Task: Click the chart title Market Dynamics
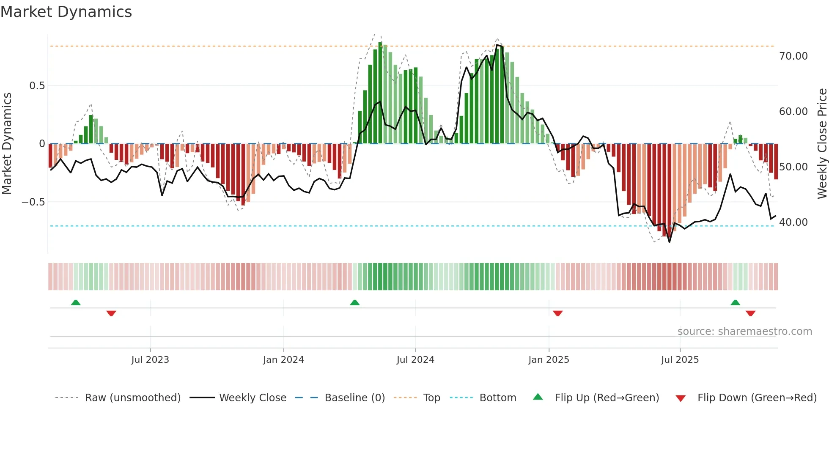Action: [x=66, y=12]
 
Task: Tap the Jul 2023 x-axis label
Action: [x=150, y=360]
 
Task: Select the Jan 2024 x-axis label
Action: [x=283, y=360]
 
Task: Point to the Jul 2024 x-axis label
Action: [x=415, y=360]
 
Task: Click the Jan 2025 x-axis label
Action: [x=549, y=360]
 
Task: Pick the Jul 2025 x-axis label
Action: [x=680, y=360]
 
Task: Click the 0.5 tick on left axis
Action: [x=37, y=86]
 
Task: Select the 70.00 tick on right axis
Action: [x=793, y=56]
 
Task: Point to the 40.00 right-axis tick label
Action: [x=793, y=222]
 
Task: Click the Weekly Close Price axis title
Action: [x=822, y=144]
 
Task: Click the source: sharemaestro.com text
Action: [x=744, y=332]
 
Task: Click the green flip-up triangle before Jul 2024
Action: [x=355, y=303]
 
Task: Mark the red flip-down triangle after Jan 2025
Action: [x=557, y=313]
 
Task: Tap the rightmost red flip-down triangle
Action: [x=750, y=313]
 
